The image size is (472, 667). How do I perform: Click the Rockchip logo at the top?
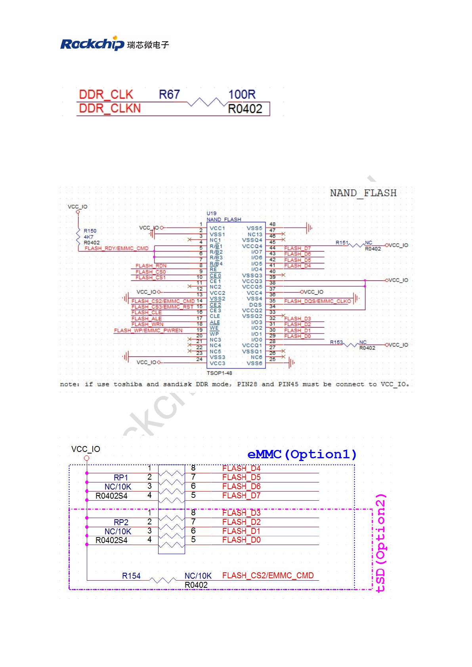[114, 44]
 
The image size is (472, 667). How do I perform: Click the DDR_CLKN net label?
[110, 109]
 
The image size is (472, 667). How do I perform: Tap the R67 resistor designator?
[169, 95]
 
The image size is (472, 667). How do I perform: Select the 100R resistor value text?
[242, 95]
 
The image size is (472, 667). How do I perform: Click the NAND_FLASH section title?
[363, 193]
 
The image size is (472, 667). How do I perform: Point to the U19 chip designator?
[212, 213]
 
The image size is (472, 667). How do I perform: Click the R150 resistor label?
[90, 231]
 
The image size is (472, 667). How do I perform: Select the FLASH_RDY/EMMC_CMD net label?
[117, 248]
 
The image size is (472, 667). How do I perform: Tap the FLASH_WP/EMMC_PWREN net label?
[148, 330]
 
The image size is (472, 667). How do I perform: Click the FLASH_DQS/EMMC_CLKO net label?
[317, 301]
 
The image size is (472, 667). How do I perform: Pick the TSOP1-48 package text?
[219, 373]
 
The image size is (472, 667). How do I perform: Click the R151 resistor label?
[342, 243]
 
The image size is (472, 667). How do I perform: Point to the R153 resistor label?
[336, 342]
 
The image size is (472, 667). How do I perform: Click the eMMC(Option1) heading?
[302, 454]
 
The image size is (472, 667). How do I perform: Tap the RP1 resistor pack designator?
[121, 478]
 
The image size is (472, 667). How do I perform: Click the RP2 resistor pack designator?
[121, 522]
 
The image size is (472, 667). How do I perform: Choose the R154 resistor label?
[131, 576]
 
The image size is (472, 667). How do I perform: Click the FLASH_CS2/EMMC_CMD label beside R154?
[268, 576]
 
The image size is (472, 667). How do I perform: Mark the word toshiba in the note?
[128, 384]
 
